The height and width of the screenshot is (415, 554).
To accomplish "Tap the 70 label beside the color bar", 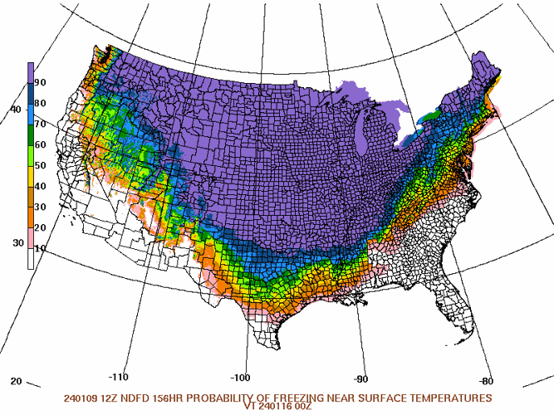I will click(x=41, y=124).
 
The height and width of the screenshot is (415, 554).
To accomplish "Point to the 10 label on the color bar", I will click(x=41, y=248).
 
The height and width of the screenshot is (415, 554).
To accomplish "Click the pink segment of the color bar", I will click(x=31, y=238).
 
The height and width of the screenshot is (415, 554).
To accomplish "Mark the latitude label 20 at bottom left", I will click(x=16, y=381).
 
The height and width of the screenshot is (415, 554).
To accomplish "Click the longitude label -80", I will click(x=486, y=381).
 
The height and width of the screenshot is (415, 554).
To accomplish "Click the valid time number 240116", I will click(x=289, y=407).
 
